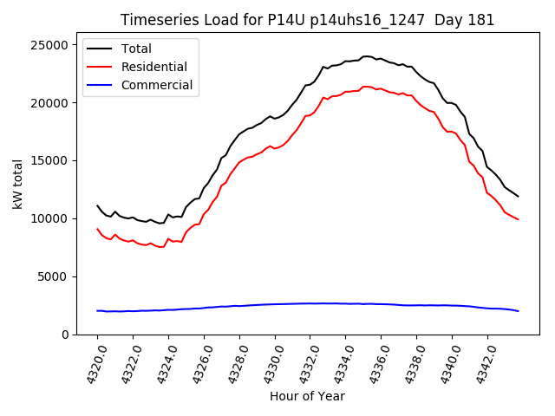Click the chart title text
coord(307,20)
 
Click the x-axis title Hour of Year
coord(307,396)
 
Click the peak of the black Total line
coord(366,56)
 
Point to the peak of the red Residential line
coord(366,87)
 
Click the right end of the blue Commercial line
coord(518,311)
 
